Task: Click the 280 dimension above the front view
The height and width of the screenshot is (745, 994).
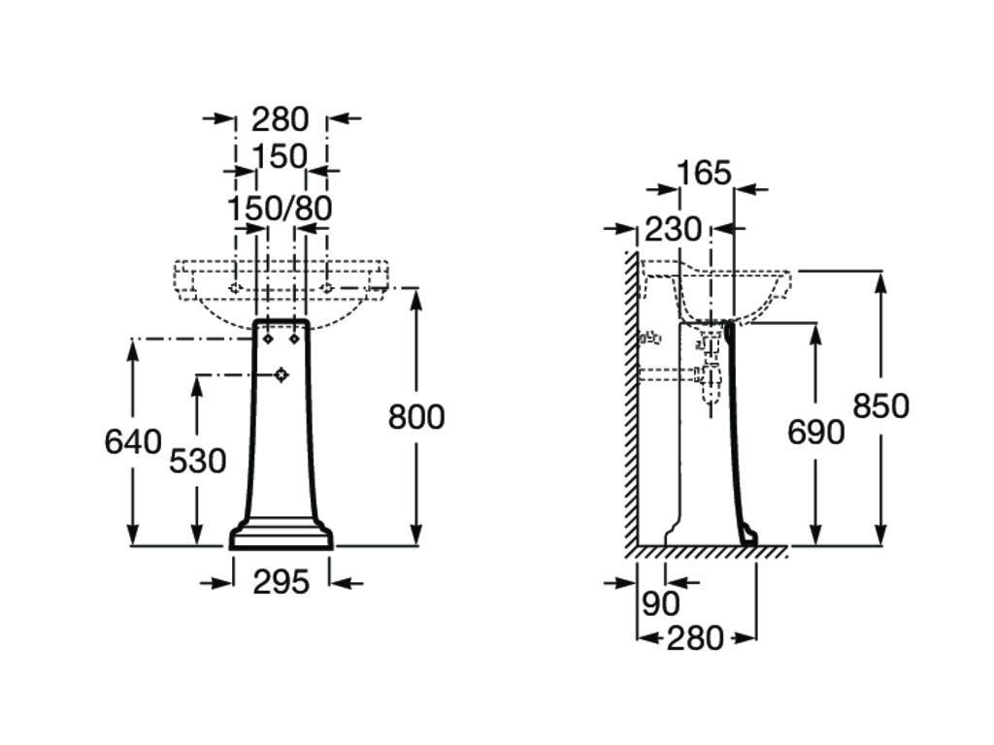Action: coord(280,119)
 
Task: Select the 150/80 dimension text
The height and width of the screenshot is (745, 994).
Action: coord(280,209)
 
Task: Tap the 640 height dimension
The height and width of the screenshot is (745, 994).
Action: coord(133,442)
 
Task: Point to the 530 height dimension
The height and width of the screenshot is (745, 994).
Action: coord(197,461)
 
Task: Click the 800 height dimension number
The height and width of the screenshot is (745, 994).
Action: coord(416,417)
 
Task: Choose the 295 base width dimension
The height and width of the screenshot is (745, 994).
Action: coord(281,582)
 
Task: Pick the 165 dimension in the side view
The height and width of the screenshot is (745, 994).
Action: coord(703,174)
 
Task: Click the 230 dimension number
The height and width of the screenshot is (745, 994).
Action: coord(673,230)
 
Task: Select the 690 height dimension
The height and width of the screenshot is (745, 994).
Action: coord(815,433)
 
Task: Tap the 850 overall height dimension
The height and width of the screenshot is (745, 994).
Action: coord(881,406)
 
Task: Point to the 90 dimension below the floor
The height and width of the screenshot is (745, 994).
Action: coord(660,603)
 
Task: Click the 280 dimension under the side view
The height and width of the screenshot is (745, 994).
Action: coord(695,638)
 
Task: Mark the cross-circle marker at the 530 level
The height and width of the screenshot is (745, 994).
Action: coord(282,374)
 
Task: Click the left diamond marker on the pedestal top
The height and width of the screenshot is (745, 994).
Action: coord(268,340)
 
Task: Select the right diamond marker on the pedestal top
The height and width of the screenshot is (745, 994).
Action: coord(293,340)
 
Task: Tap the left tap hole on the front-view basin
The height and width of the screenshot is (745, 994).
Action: coord(235,288)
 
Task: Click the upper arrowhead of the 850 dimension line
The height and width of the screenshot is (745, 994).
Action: coord(881,280)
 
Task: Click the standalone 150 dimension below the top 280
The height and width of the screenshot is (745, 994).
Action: coord(280,156)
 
